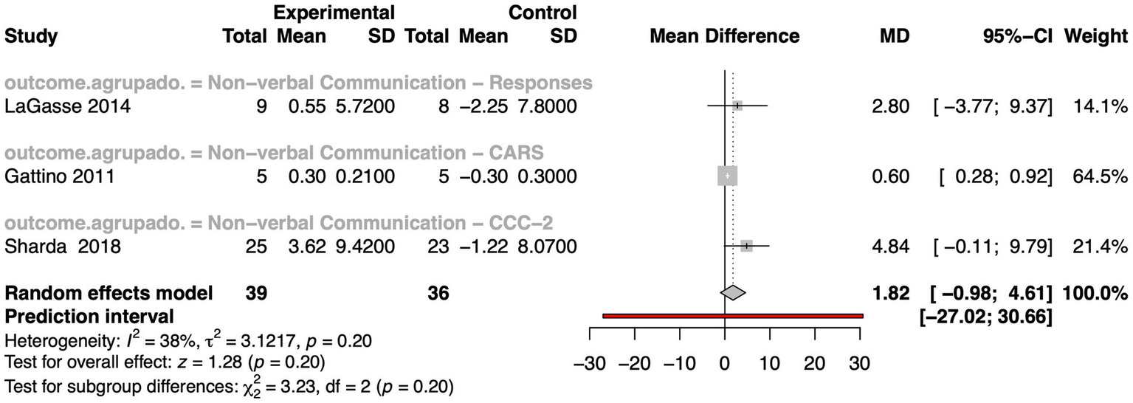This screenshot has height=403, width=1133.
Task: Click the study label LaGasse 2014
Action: [67, 106]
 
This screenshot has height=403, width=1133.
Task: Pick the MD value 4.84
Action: [889, 246]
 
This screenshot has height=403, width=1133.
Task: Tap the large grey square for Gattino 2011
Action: [727, 176]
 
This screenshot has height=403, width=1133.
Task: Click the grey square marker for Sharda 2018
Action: [746, 246]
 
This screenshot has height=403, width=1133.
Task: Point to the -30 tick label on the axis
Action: [590, 364]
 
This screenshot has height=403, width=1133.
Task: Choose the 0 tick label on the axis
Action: [725, 364]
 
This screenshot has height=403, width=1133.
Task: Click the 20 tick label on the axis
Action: [815, 364]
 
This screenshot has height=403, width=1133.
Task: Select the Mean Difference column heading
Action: [724, 36]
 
